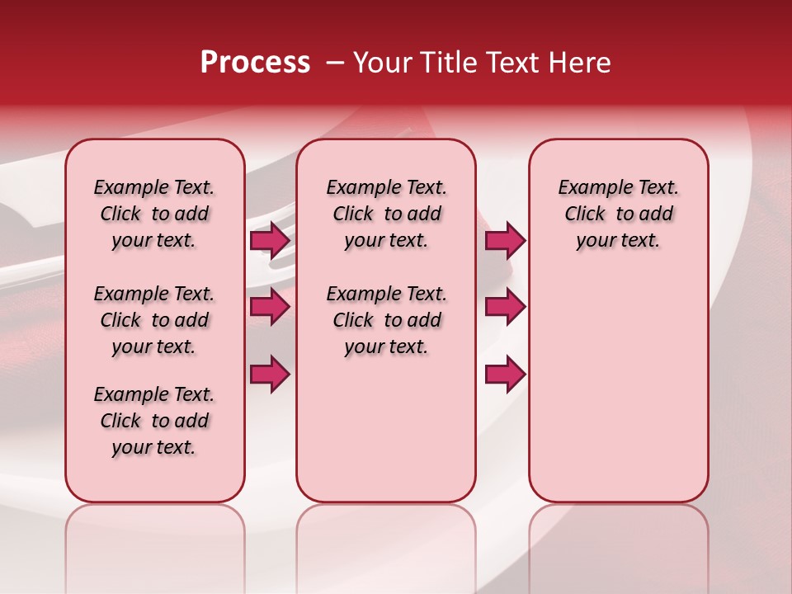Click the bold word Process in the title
[x=255, y=63]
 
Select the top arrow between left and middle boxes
[x=270, y=241]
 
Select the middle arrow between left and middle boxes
[x=270, y=307]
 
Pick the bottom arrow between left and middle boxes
[x=270, y=375]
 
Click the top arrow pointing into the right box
[x=505, y=241]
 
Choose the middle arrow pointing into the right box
[x=505, y=307]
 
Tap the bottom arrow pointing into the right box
[x=505, y=375]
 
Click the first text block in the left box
[x=154, y=214]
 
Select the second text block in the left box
[x=154, y=320]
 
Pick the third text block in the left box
[x=154, y=421]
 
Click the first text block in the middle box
[x=386, y=214]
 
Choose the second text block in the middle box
[x=386, y=320]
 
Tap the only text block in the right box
[x=618, y=214]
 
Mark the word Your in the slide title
[x=379, y=63]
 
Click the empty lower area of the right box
[x=618, y=396]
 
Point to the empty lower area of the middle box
[x=386, y=429]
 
